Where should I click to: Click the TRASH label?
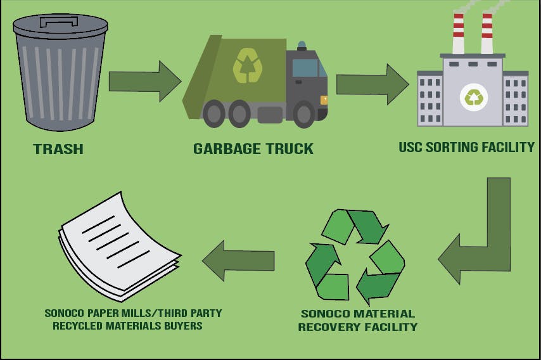tap(58, 150)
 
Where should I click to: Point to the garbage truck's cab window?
tap(306, 67)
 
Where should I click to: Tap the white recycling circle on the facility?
tap(473, 97)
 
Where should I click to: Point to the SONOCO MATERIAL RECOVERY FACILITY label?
tap(357, 320)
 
